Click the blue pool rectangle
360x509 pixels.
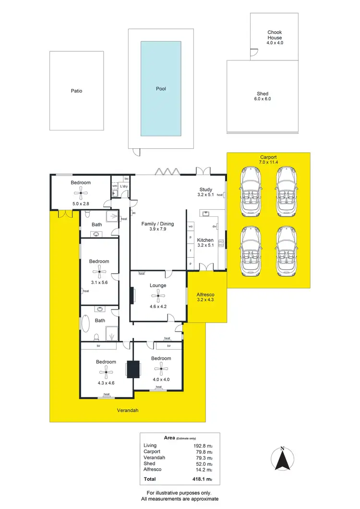(161, 89)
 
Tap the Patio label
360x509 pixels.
(76, 91)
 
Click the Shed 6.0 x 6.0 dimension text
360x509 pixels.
(263, 99)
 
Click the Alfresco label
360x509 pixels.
(205, 295)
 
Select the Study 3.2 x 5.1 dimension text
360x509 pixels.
(205, 195)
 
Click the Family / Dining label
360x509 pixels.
(157, 224)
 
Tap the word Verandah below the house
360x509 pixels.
(128, 411)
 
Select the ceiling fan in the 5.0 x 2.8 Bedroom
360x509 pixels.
(81, 193)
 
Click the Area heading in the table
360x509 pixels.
(169, 438)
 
